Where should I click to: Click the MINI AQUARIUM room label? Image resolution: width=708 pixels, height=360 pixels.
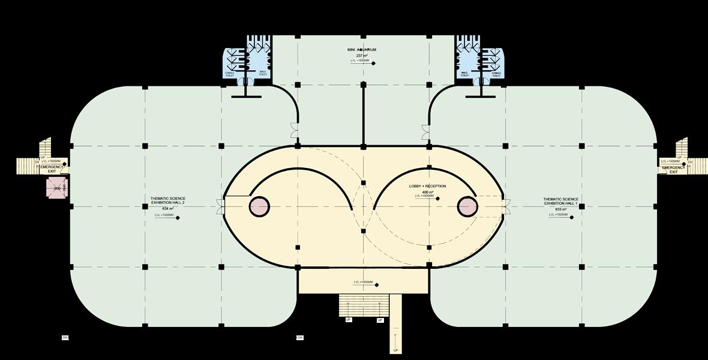(x=362, y=50)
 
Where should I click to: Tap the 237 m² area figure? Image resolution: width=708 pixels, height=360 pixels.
(x=362, y=55)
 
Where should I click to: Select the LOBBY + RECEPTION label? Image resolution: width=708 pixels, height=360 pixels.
(x=427, y=186)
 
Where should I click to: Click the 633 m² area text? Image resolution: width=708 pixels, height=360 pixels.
(x=562, y=209)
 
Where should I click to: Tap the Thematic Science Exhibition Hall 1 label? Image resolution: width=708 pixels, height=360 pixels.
(x=562, y=202)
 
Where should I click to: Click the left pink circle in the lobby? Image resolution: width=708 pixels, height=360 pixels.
(x=259, y=206)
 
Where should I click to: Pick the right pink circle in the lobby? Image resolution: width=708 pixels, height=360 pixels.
(x=467, y=206)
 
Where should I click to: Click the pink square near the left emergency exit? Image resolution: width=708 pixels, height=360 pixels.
(x=56, y=188)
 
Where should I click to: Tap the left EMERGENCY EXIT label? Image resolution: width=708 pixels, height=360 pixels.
(x=52, y=169)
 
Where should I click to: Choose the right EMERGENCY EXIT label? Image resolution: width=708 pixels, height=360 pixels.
(x=673, y=170)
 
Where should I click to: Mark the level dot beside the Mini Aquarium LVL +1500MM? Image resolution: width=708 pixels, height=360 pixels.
(x=373, y=63)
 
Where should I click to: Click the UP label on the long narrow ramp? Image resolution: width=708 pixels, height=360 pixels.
(x=395, y=350)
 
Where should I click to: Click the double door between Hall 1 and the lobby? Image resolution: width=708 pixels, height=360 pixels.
(x=506, y=206)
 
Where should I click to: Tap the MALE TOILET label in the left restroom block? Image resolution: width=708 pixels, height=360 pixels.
(x=263, y=74)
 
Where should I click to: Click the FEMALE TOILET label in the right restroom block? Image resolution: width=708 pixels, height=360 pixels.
(x=496, y=74)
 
